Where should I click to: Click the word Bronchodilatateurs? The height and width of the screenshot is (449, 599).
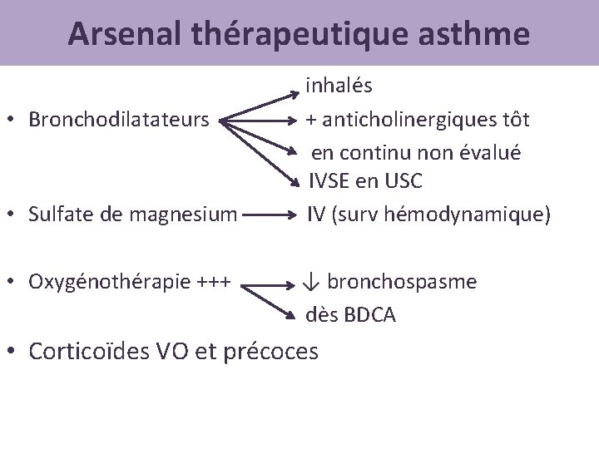(x=118, y=119)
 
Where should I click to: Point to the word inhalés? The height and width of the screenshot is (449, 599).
(x=339, y=85)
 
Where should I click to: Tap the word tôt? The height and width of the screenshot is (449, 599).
(x=514, y=119)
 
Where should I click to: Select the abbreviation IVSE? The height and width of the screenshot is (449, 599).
(x=331, y=181)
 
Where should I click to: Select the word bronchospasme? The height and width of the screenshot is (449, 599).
(x=402, y=282)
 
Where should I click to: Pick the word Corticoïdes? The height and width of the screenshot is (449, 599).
(x=92, y=352)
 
